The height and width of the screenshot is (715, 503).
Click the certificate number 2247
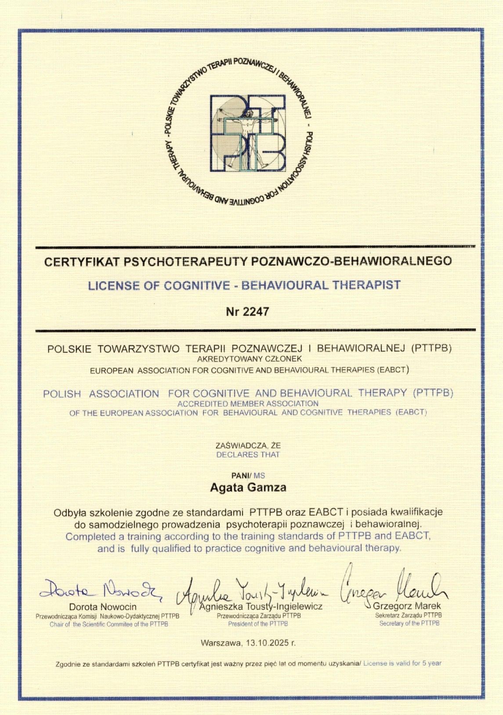(254, 312)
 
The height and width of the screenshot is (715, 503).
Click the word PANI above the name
(240, 475)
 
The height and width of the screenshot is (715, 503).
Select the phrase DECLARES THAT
(248, 454)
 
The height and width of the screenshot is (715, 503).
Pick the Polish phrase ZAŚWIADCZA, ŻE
(248, 446)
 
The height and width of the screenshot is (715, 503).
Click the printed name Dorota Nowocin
(103, 607)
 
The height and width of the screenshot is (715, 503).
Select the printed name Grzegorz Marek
(407, 606)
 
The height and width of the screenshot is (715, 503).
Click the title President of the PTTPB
(258, 624)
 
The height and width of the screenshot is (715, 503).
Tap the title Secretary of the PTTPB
(409, 623)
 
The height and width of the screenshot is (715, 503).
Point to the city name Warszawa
(221, 643)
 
